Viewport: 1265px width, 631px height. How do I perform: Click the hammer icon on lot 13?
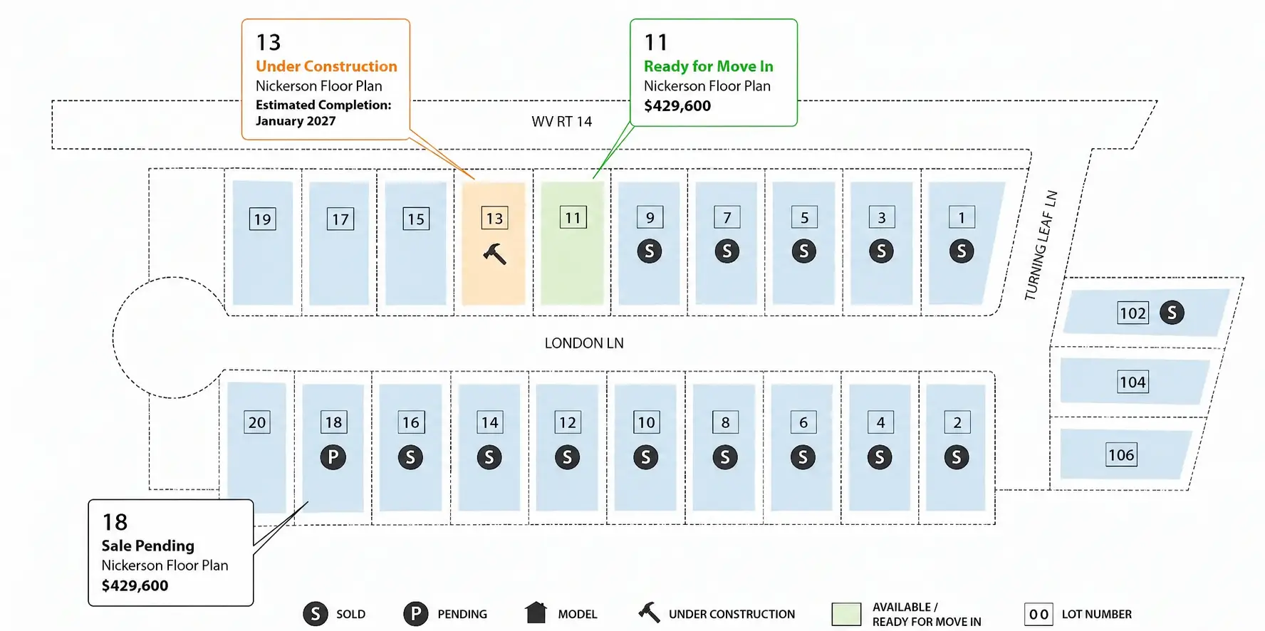[x=494, y=254]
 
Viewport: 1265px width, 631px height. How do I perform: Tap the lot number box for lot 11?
[x=573, y=217]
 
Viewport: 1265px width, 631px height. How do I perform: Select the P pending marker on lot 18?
[x=333, y=457]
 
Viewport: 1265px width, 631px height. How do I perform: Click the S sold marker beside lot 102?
[x=1172, y=312]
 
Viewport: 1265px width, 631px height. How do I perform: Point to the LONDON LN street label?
[x=584, y=343]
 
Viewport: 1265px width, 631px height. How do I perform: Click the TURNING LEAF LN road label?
[x=1041, y=246]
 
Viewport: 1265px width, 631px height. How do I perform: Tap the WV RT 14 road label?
[x=562, y=122]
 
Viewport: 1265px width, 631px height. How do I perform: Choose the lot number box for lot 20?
[x=257, y=422]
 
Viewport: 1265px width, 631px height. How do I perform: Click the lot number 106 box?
[x=1121, y=454]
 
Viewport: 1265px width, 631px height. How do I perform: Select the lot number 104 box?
[x=1133, y=382]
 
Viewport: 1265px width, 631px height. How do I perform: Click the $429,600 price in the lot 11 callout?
[x=677, y=106]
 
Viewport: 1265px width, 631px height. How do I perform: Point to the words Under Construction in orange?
[x=326, y=66]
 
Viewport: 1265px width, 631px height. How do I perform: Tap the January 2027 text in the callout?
[x=296, y=121]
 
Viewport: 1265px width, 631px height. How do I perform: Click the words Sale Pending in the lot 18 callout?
[x=147, y=546]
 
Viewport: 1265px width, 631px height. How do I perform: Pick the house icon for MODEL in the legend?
[x=536, y=612]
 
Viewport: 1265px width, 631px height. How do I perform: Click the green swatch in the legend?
[x=846, y=614]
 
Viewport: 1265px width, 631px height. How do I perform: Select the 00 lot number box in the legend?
[x=1038, y=614]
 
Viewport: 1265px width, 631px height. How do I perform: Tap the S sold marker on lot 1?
[x=962, y=251]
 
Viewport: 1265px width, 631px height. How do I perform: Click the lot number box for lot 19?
[x=263, y=219]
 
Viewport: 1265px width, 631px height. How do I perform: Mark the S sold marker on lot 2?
[x=957, y=457]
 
